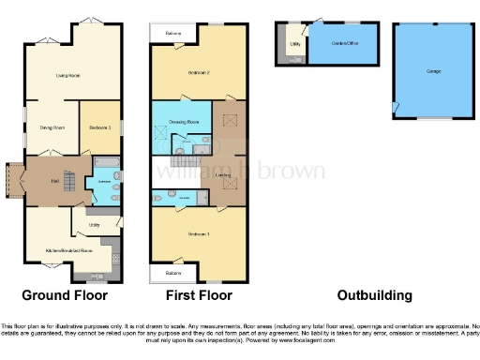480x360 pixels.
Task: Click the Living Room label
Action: coord(67,75)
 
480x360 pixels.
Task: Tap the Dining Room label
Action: coord(52,127)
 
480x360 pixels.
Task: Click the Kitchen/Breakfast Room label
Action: coord(72,251)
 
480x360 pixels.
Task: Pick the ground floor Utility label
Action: coord(95,225)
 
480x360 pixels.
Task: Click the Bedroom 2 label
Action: coord(198,72)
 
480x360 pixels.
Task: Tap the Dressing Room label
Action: coord(187,122)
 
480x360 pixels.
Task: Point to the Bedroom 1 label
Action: coord(198,233)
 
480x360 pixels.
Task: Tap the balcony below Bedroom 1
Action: coord(172,273)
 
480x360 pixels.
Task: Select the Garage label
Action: coord(433,71)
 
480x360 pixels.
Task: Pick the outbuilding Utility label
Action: coord(294,43)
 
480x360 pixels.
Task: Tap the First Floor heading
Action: coord(199,295)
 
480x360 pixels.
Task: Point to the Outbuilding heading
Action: coord(374,295)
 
